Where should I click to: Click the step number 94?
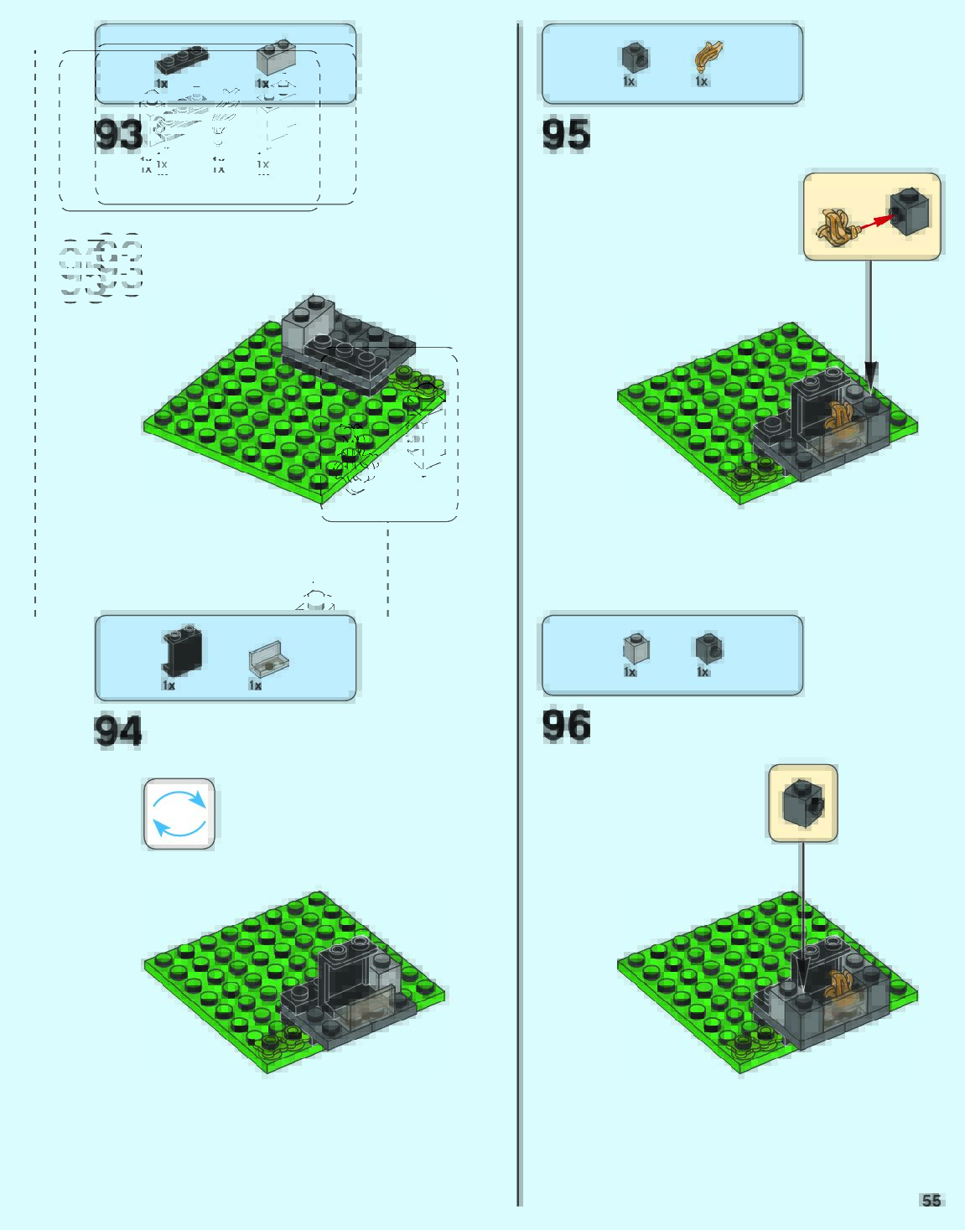(x=118, y=730)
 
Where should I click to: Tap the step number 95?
(x=566, y=134)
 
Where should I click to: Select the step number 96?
(x=566, y=726)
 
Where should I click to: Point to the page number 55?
(x=931, y=1201)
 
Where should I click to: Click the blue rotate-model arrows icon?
(x=179, y=814)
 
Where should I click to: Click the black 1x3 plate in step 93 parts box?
(x=182, y=61)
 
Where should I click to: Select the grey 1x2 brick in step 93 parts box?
(x=275, y=58)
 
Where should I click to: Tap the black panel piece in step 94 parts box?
(x=182, y=651)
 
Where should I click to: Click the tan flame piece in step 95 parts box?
(x=708, y=56)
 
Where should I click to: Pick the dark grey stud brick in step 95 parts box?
(x=635, y=57)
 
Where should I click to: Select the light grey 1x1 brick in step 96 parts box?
(x=636, y=648)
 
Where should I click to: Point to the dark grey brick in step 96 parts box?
(x=708, y=647)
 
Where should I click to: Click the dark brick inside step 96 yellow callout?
(x=803, y=802)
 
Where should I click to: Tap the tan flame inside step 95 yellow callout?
(x=836, y=226)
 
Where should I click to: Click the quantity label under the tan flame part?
(x=702, y=81)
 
